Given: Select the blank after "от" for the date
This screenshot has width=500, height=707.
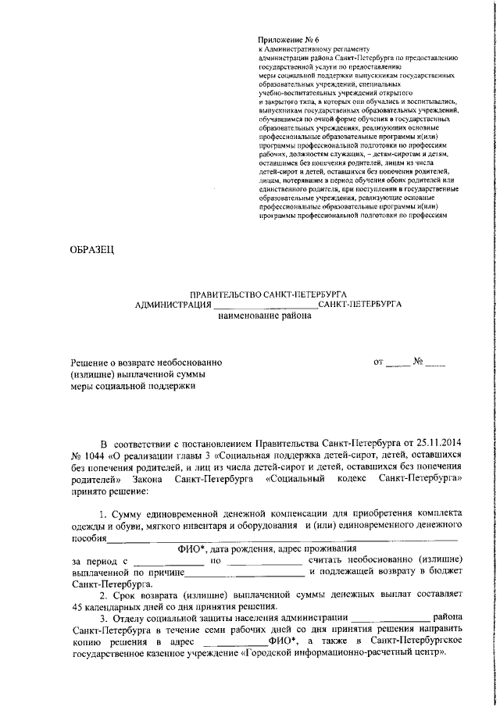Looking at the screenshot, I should [398, 363].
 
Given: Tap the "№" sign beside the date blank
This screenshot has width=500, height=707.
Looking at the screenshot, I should [418, 362].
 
